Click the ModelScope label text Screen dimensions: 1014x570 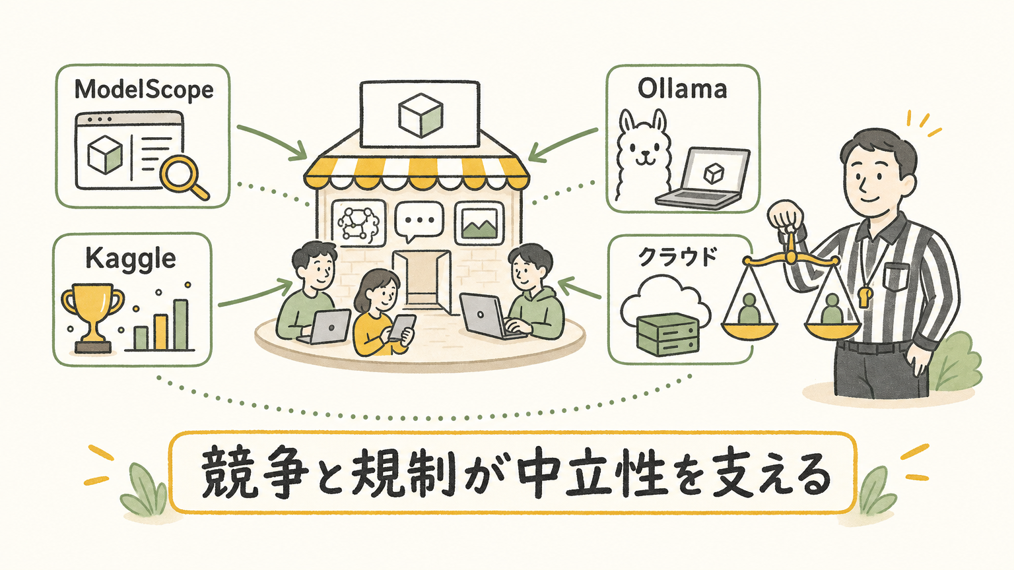(144, 90)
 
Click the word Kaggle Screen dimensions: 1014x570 (130, 260)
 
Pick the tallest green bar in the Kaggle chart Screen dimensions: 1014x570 (181, 325)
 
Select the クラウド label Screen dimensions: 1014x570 (678, 257)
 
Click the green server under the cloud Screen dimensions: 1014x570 (667, 334)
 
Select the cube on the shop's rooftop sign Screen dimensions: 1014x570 (420, 115)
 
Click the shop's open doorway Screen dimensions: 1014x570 (422, 280)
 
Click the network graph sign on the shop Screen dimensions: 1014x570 (357, 223)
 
